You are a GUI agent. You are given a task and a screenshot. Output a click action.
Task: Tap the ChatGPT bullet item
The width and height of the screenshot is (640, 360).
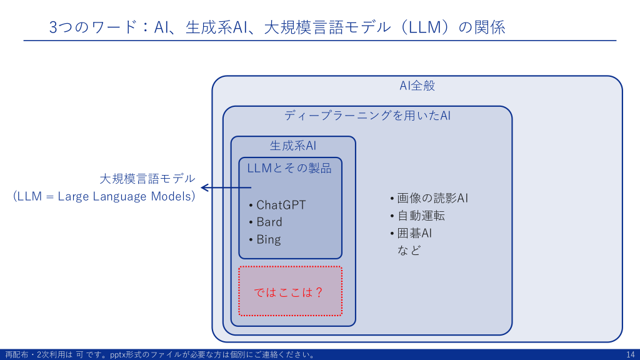[281, 205]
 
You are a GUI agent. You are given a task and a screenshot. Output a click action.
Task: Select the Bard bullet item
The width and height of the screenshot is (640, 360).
[269, 222]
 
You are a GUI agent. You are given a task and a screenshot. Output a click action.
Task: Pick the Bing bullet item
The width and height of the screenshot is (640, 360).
[269, 239]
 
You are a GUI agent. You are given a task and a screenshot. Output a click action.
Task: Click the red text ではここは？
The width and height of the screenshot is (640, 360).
[288, 292]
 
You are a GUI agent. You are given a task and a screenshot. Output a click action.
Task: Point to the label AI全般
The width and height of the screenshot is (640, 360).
[417, 86]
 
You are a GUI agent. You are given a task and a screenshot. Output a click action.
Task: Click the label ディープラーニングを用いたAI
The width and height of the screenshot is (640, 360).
[367, 116]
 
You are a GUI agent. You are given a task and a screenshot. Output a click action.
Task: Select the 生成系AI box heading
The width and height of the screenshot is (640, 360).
[293, 146]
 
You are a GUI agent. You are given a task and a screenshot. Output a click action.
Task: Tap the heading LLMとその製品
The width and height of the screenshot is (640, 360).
[289, 167]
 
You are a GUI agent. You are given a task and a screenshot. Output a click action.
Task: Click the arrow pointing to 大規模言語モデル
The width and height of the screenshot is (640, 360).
[225, 187]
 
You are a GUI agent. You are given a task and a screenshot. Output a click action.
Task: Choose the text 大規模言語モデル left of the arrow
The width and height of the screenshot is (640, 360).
[147, 179]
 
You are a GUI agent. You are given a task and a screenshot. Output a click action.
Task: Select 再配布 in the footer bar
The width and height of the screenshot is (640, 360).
[16, 355]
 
